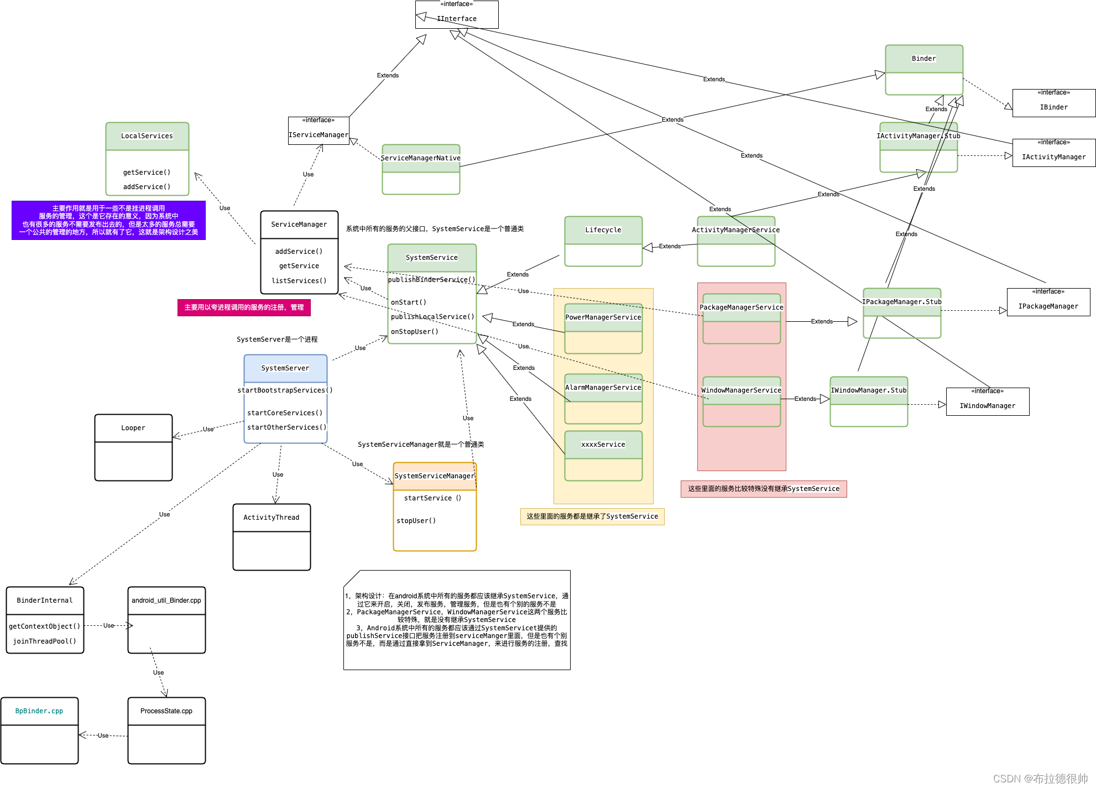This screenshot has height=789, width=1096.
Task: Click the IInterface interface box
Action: point(457,15)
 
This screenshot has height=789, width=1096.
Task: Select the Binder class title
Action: point(923,59)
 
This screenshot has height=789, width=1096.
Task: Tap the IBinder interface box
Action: point(1053,103)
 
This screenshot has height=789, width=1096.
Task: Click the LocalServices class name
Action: point(147,136)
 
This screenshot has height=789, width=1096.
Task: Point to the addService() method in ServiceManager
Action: point(299,252)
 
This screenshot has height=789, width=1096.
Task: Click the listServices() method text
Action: point(299,281)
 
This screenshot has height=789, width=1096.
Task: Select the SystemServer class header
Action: point(285,368)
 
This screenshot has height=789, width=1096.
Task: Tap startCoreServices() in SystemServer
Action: point(285,413)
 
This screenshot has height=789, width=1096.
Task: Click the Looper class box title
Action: point(133,428)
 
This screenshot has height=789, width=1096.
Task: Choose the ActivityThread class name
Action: point(272,518)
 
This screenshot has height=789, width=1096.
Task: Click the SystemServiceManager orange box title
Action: point(435,476)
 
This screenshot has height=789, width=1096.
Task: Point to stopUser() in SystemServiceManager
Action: point(416,521)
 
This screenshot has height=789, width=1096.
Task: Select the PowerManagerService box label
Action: point(603,317)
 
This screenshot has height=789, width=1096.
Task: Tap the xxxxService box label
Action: point(603,445)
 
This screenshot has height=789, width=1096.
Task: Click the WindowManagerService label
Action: point(741,390)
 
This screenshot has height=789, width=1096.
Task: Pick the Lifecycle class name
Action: point(603,230)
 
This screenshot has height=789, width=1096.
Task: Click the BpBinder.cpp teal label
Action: point(39,711)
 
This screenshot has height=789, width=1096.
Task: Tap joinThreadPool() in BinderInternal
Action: point(45,641)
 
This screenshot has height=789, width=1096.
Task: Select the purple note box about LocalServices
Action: point(108,220)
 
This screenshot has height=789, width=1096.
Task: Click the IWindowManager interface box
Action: point(987,402)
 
